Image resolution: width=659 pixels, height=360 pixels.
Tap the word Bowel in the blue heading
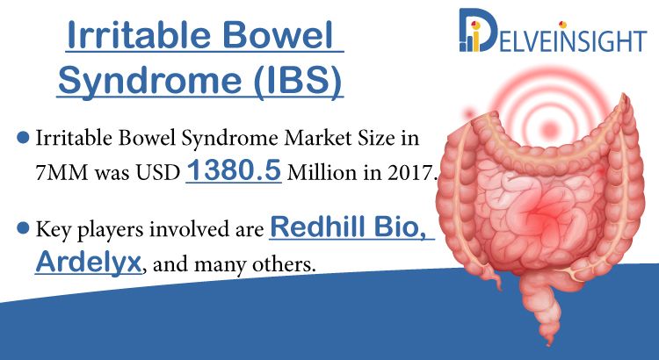[x=276, y=35]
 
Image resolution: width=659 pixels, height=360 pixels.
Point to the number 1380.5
[x=233, y=170]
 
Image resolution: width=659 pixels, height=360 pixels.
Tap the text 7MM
[x=62, y=173]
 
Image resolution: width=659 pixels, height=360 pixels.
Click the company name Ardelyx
[x=88, y=263]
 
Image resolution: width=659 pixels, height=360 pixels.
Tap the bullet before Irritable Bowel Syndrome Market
[x=23, y=137]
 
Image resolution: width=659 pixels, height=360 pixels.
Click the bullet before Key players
[x=23, y=228]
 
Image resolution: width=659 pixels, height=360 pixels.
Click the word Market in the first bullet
[x=321, y=137]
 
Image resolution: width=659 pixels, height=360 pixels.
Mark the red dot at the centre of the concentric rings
[x=549, y=127]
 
